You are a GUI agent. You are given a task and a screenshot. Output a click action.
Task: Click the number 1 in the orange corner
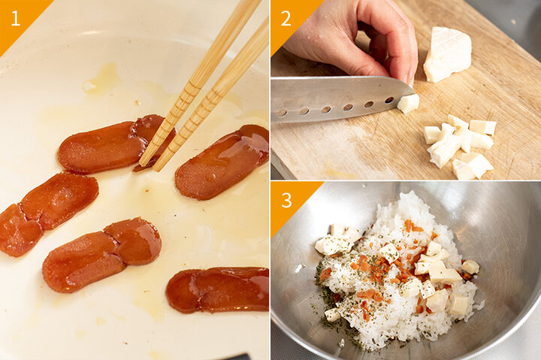click(16, 18)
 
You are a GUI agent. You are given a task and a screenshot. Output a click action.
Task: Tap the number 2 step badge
click(286, 18)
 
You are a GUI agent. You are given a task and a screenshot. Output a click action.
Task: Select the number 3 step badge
click(286, 200)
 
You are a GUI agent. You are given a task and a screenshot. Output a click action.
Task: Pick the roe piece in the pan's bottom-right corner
click(217, 289)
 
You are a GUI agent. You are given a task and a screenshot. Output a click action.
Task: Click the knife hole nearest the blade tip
click(389, 100)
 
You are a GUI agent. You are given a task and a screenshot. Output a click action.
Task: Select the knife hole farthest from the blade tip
click(282, 113)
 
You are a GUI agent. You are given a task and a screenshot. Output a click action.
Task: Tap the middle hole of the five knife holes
click(326, 110)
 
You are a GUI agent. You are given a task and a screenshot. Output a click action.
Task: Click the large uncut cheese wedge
click(448, 54)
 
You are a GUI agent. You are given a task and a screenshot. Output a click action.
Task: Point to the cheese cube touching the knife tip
click(408, 103)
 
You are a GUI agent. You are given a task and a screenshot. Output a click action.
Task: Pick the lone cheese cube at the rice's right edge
click(470, 267)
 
